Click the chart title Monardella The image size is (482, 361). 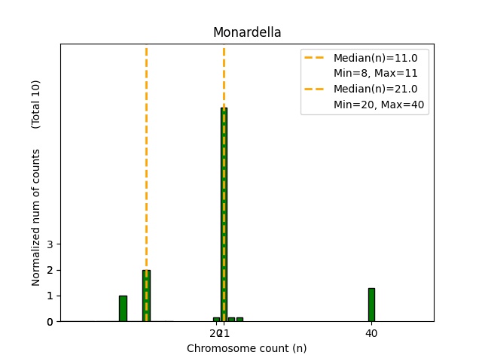click(x=247, y=32)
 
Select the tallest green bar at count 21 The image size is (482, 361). click(x=224, y=214)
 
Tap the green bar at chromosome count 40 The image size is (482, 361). click(x=371, y=305)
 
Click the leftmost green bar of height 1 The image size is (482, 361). click(x=123, y=308)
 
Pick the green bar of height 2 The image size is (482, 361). click(x=146, y=296)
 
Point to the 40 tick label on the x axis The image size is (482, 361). click(x=371, y=333)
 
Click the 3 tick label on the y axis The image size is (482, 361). click(x=50, y=244)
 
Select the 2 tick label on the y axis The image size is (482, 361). click(x=50, y=270)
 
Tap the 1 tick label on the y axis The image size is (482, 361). click(x=50, y=296)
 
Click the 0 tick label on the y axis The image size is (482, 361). click(x=50, y=322)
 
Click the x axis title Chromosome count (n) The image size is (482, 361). click(x=247, y=348)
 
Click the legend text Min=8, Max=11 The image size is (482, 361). click(x=375, y=73)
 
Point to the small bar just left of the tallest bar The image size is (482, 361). click(x=216, y=320)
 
